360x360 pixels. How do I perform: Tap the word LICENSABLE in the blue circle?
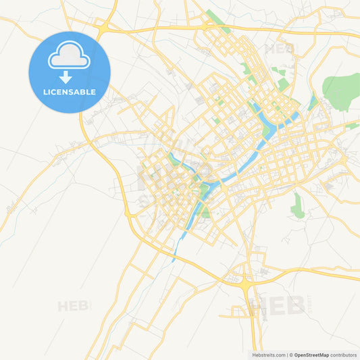pyautogui.click(x=70, y=92)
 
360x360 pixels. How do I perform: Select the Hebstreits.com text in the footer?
pyautogui.click(x=267, y=355)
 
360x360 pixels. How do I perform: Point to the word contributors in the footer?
pyautogui.click(x=343, y=355)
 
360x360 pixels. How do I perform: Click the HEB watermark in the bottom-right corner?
pyautogui.click(x=277, y=305)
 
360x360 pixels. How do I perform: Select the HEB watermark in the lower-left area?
pyautogui.click(x=73, y=306)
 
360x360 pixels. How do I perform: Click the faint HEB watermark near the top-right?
pyautogui.click(x=279, y=48)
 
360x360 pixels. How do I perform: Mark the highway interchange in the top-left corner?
pyautogui.click(x=103, y=28)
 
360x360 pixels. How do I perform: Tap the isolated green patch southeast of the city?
pyautogui.click(x=297, y=205)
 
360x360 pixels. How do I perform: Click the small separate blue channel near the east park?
pyautogui.click(x=312, y=102)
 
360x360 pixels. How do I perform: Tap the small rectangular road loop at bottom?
pyautogui.click(x=237, y=311)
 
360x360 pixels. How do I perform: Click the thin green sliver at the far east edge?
pyautogui.click(x=353, y=126)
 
